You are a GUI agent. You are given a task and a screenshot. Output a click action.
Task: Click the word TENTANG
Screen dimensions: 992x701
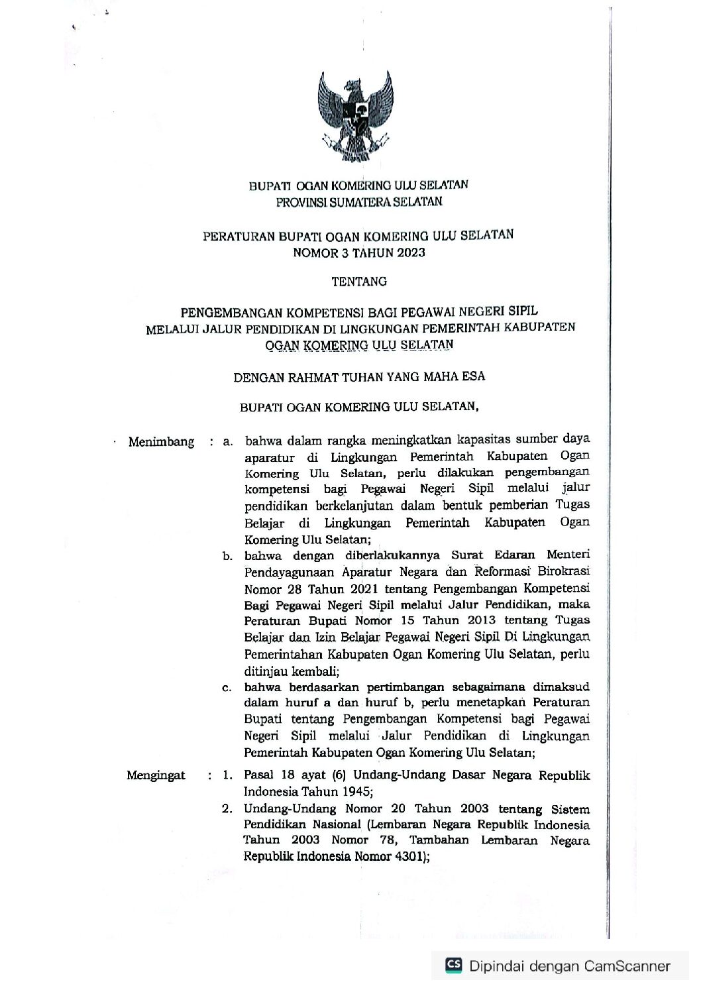[358, 281]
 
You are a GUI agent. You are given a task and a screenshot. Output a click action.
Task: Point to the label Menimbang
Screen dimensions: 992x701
[162, 441]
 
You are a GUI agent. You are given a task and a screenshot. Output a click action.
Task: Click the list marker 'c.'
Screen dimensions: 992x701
[227, 688]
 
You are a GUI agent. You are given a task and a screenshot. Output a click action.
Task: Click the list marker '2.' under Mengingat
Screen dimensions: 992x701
[227, 808]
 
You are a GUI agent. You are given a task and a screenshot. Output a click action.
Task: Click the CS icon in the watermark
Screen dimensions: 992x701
[453, 965]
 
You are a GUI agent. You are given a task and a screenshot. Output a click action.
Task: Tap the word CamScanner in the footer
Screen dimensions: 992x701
[627, 966]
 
